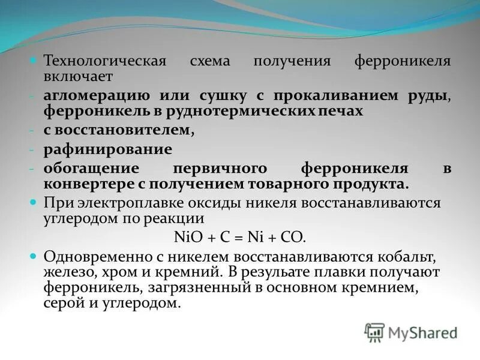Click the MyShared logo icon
coord(374,331)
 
